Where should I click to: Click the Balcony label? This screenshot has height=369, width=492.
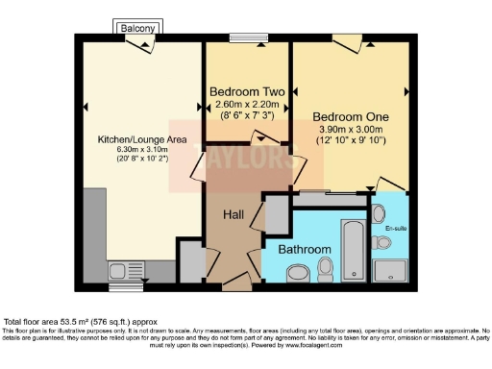click(137, 29)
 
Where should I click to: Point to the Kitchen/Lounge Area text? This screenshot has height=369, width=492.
click(141, 139)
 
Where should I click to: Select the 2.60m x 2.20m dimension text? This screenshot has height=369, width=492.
click(247, 104)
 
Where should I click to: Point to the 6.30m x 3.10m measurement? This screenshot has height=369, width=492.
click(141, 150)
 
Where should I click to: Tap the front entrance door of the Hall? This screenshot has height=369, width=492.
click(235, 284)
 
